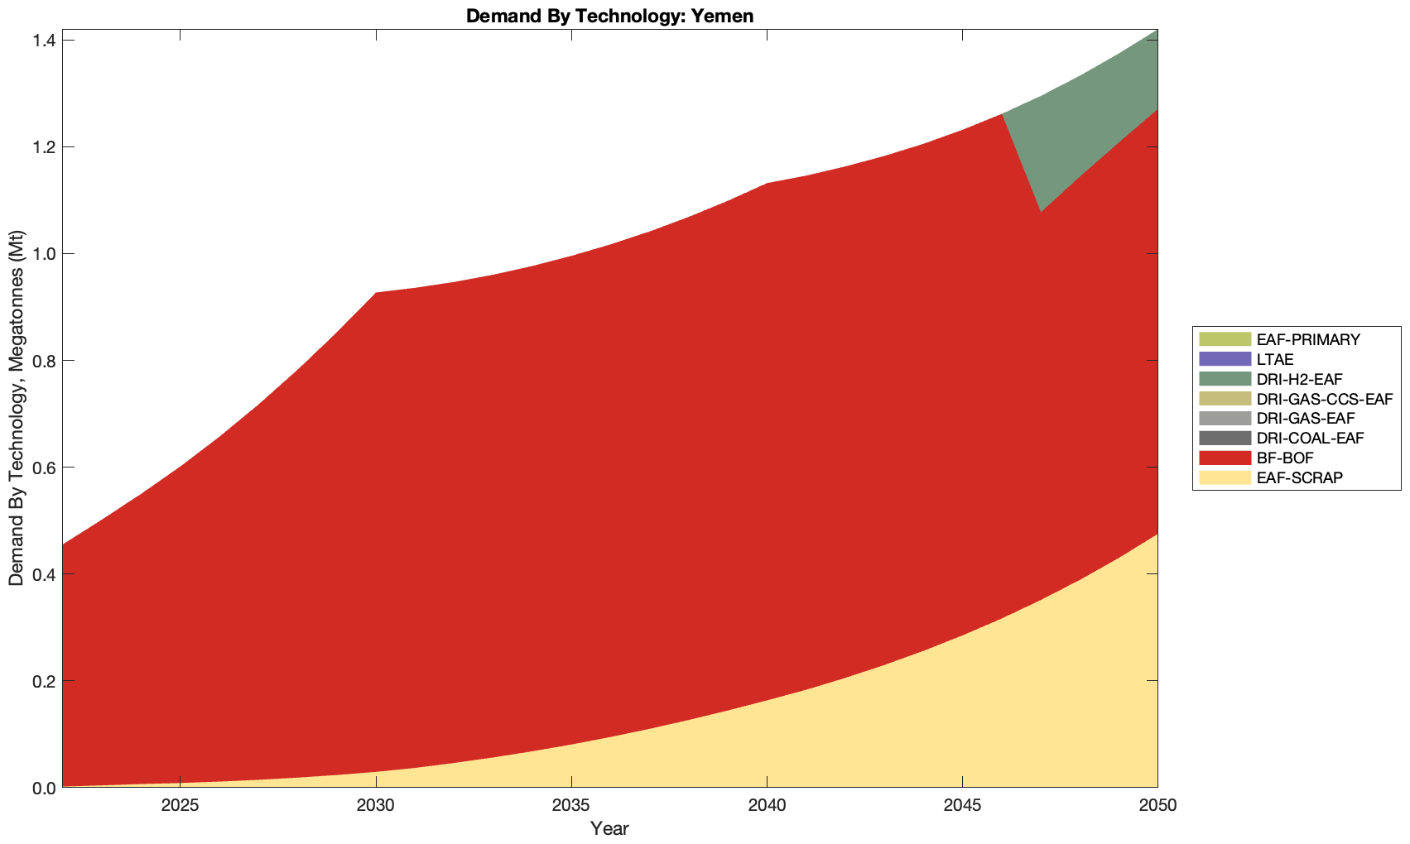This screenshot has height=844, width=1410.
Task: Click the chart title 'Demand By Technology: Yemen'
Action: [x=609, y=16]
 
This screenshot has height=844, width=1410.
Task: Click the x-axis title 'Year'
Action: [x=609, y=828]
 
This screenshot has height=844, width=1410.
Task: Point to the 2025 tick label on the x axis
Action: [x=180, y=805]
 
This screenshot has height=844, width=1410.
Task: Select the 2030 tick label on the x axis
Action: [x=376, y=805]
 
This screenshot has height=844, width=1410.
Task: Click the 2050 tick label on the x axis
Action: [x=1157, y=805]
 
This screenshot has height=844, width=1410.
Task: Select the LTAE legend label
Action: [x=1274, y=359]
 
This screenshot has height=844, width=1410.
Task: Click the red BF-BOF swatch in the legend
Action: [x=1224, y=458]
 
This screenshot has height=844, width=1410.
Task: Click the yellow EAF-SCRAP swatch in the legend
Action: [x=1224, y=478]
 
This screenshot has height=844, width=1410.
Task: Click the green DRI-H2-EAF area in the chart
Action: [x=1101, y=124]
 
